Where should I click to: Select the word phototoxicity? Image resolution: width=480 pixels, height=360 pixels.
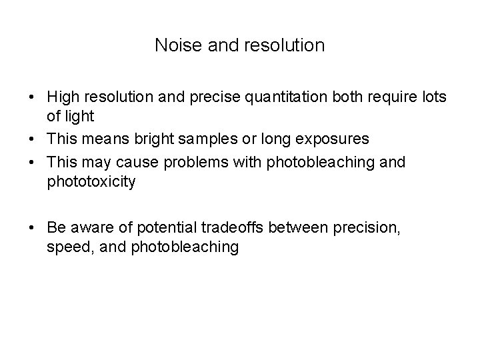tap(91, 181)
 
